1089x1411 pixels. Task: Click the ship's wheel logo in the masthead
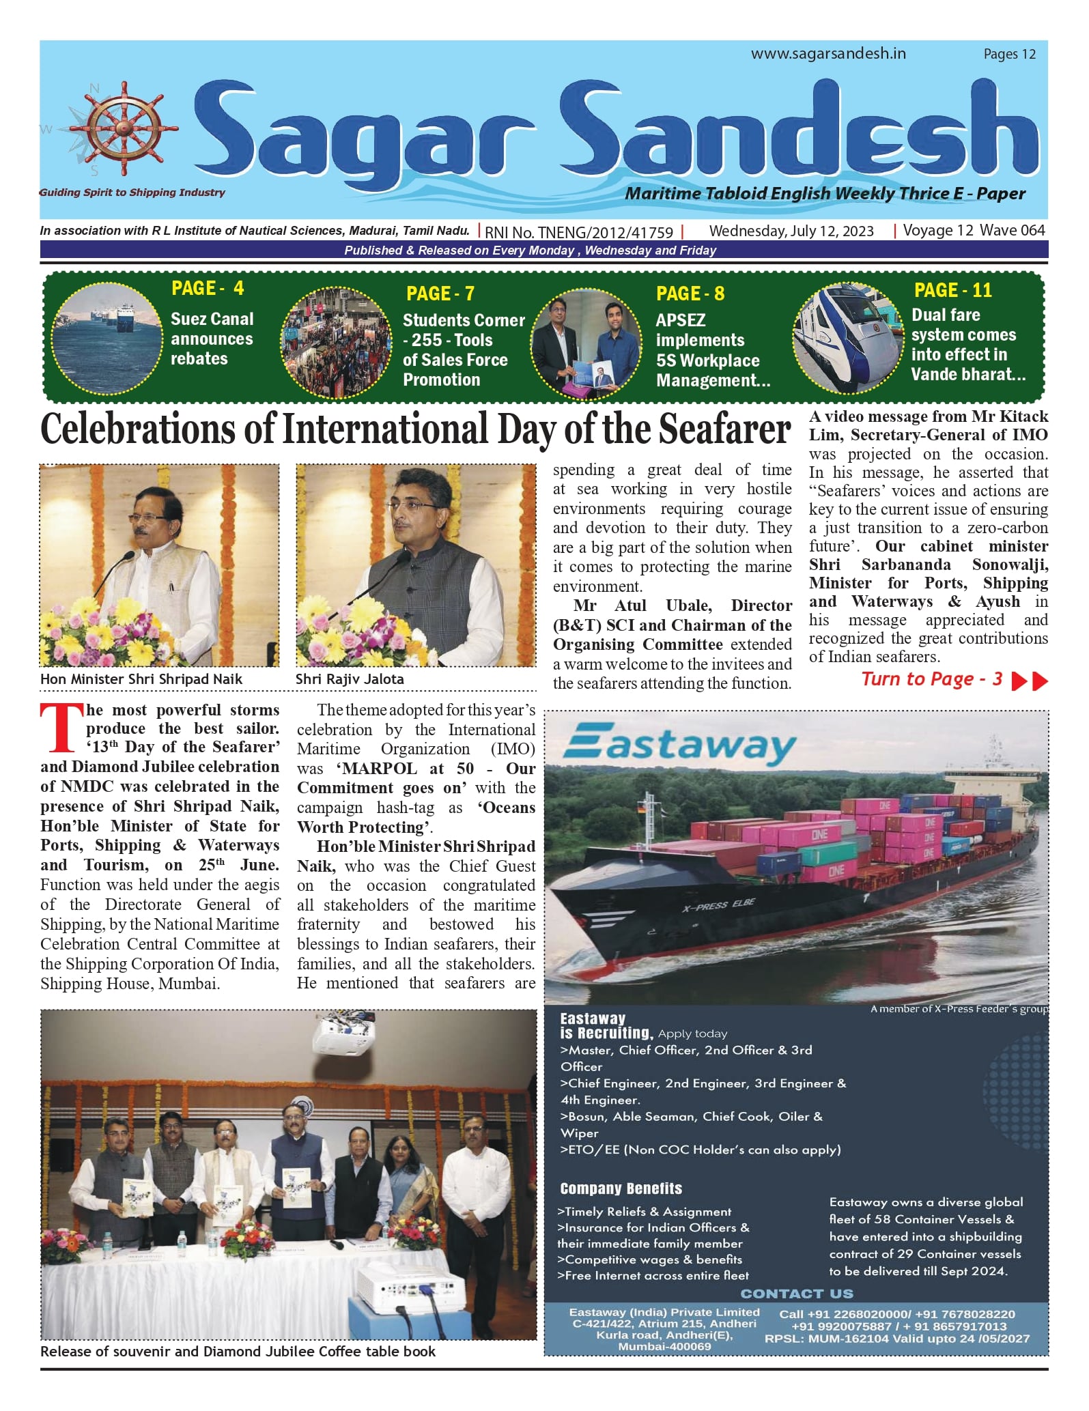[124, 129]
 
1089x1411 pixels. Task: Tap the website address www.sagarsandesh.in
[828, 54]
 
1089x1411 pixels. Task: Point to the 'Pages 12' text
[1009, 54]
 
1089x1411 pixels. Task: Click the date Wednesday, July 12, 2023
[791, 231]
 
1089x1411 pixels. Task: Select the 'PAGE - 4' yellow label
[207, 289]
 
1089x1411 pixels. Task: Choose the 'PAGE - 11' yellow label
[952, 291]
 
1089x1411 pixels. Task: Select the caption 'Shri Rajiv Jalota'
[350, 679]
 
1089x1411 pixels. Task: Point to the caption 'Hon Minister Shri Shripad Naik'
[141, 679]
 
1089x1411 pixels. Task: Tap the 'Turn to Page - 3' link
[932, 679]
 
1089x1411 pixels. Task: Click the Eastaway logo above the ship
[680, 745]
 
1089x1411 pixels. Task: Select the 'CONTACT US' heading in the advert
[796, 1294]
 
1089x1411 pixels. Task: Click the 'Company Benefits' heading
[621, 1188]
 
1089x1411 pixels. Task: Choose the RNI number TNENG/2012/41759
[579, 232]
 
